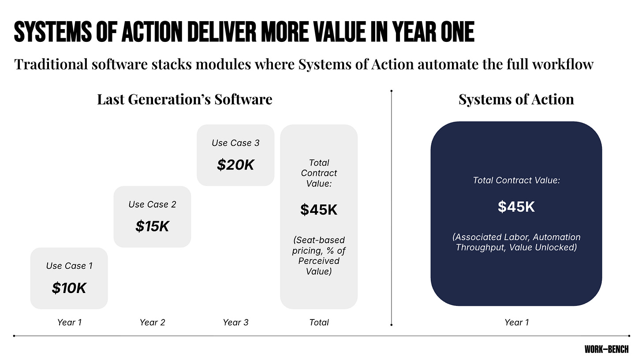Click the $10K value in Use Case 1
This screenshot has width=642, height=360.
[x=69, y=288]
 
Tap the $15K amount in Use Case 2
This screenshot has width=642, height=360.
[x=152, y=226]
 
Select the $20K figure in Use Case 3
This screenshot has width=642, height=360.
[x=235, y=165]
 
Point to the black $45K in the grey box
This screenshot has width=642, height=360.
[x=319, y=210]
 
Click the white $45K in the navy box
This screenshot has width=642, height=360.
[x=516, y=207]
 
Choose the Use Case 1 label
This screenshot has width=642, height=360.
[x=69, y=266]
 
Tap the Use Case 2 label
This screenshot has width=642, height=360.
[x=152, y=204]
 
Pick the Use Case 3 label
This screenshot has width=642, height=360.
[x=235, y=143]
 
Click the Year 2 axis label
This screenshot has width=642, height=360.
[x=152, y=323]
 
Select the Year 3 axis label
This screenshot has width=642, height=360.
[x=235, y=323]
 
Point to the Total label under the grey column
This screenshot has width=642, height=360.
[x=319, y=323]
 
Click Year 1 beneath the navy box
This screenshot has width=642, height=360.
[x=516, y=323]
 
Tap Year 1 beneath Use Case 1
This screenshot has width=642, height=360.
[x=69, y=323]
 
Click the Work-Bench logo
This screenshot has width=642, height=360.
[x=606, y=349]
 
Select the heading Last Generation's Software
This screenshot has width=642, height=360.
[x=185, y=100]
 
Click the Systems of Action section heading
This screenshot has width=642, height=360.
[x=516, y=100]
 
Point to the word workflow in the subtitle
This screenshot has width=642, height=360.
[x=563, y=64]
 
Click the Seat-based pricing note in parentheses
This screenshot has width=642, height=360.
[x=319, y=256]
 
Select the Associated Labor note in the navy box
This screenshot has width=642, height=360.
[x=516, y=242]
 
